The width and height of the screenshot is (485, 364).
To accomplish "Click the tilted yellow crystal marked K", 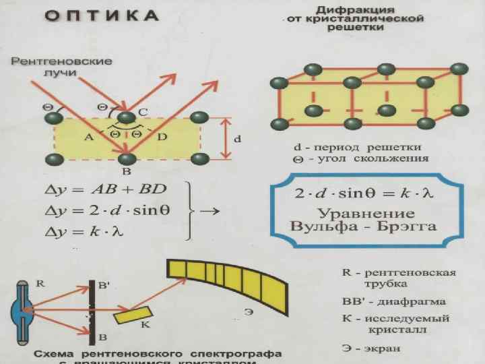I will (133, 315).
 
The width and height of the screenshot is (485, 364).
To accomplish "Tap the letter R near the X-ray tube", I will (40, 284).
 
